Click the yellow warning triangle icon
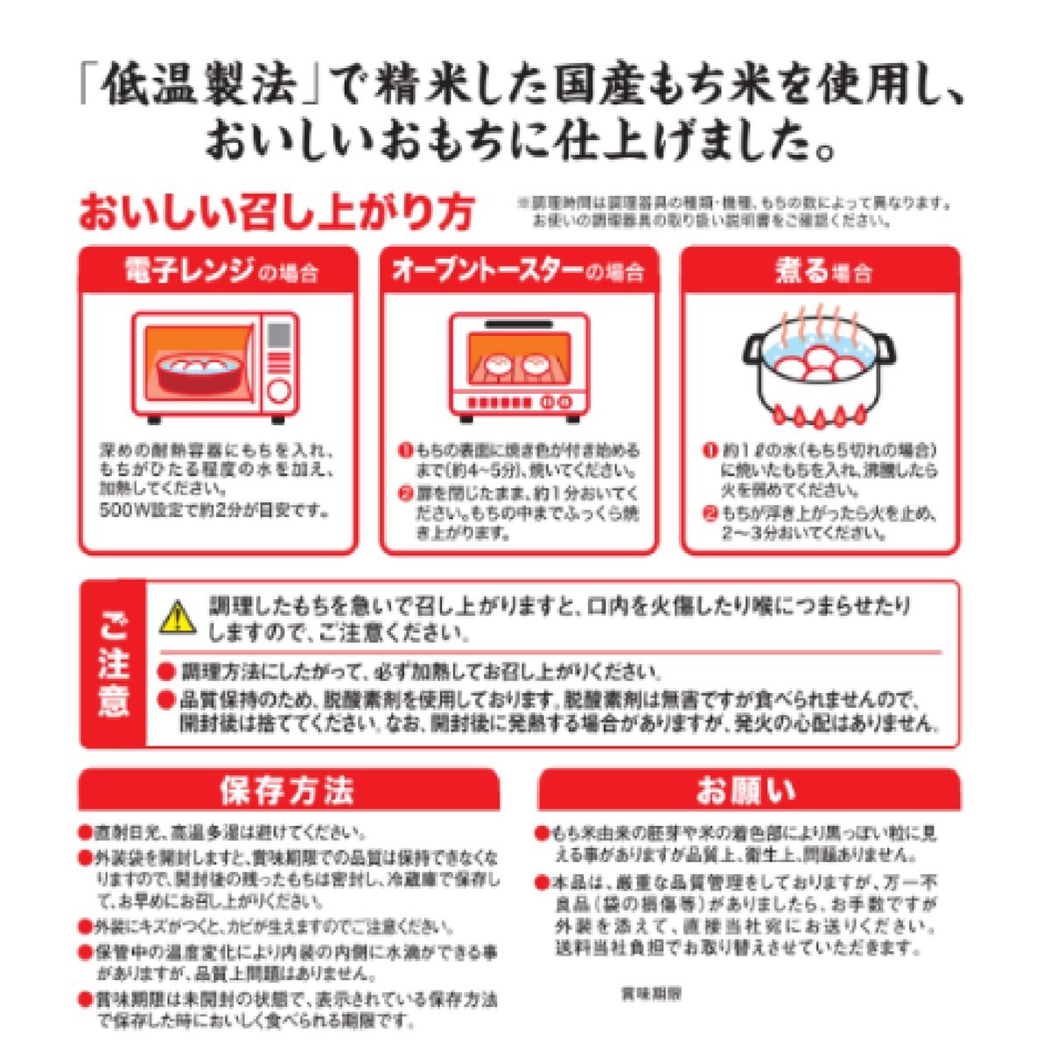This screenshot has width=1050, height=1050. click(x=178, y=618)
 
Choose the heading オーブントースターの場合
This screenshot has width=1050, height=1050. click(x=518, y=271)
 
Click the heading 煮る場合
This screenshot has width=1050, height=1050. click(x=822, y=271)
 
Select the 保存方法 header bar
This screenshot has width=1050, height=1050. click(x=288, y=790)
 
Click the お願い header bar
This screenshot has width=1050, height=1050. click(x=748, y=790)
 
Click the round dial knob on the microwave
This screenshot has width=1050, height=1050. click(x=278, y=390)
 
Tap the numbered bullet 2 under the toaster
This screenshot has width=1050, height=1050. click(x=405, y=493)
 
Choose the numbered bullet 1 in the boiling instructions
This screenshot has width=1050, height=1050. click(x=710, y=451)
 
